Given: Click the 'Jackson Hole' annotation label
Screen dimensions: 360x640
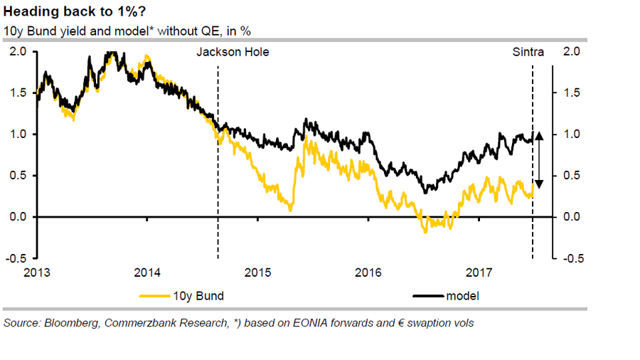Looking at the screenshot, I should point(233,52).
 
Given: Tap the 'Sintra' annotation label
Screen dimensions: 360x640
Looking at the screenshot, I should point(528,52).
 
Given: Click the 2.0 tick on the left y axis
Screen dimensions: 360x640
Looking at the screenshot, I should point(18,52).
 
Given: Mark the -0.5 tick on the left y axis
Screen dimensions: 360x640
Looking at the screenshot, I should point(17,258).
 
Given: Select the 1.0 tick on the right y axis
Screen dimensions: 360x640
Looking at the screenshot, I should point(571,134).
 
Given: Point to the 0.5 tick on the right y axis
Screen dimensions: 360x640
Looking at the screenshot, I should point(571,176).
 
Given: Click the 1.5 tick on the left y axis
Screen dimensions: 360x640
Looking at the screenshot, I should point(18,93).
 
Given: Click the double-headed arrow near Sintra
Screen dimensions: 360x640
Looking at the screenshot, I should point(539,159).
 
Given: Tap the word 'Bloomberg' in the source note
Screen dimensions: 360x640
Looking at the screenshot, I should point(72,323).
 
